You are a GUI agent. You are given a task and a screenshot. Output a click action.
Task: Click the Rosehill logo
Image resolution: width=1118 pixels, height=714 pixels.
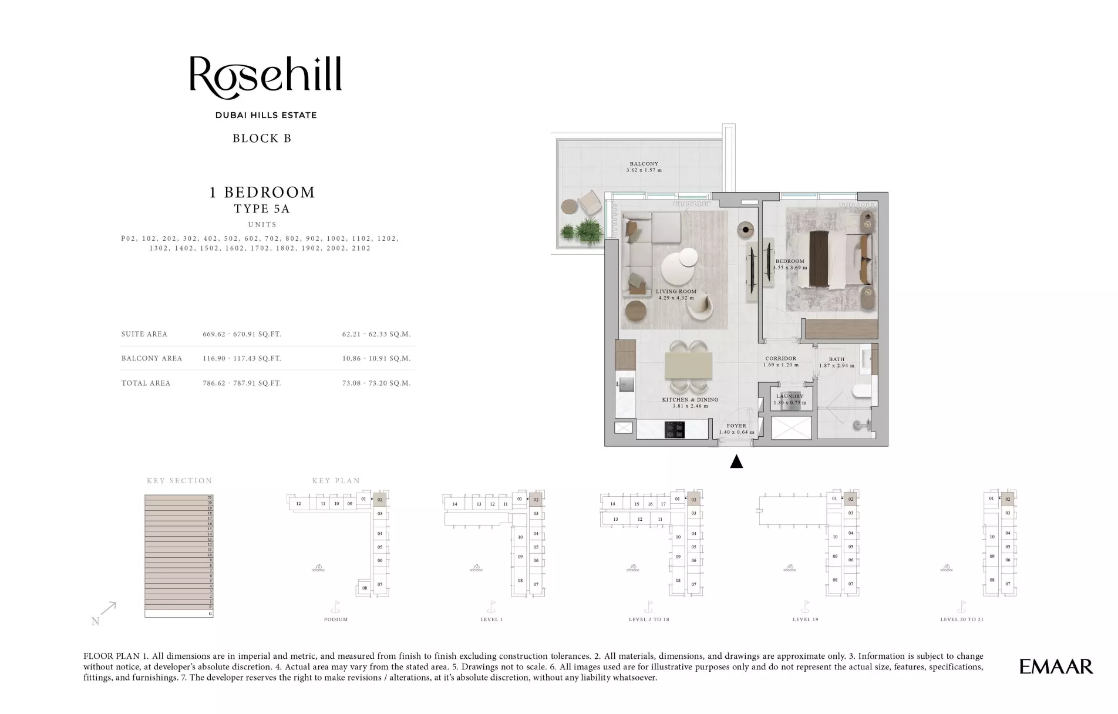[x=265, y=77]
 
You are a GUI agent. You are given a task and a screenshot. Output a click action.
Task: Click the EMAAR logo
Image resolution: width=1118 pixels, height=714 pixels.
[x=1056, y=666]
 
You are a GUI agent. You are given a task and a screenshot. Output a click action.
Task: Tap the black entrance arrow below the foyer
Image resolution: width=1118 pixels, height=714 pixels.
[x=736, y=462]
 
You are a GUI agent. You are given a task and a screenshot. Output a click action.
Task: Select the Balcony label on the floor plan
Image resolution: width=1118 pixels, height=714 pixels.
[x=644, y=164]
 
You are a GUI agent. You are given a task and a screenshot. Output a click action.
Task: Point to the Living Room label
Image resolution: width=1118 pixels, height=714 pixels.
[x=676, y=292]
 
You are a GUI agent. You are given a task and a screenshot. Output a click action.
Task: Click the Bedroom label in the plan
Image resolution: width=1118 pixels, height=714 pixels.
[x=790, y=261]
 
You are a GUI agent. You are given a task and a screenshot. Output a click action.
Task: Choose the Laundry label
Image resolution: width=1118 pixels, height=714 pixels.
[x=789, y=396]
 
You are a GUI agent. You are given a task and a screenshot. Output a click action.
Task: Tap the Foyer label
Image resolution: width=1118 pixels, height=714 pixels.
[x=736, y=426]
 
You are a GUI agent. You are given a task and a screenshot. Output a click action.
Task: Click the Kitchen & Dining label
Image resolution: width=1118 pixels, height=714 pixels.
[x=690, y=400]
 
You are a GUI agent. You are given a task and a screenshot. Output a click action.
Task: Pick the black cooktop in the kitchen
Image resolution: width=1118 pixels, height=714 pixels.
[x=675, y=430]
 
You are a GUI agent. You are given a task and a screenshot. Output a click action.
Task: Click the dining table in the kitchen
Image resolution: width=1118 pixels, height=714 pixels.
[x=688, y=366]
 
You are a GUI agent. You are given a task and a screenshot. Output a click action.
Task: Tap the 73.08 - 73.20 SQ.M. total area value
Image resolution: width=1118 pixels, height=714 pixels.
[x=376, y=383]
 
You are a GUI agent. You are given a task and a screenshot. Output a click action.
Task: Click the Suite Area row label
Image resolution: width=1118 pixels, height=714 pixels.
[x=144, y=334]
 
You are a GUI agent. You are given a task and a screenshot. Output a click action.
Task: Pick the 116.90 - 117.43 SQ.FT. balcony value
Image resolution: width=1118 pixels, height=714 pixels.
[x=242, y=358]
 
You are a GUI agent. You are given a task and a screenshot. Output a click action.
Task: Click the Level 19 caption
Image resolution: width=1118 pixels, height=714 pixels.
[x=805, y=619]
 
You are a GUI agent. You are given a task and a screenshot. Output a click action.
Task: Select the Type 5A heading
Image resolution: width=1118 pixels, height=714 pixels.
[x=262, y=208]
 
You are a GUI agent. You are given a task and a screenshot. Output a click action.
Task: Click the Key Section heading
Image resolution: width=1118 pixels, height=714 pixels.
[x=180, y=481]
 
